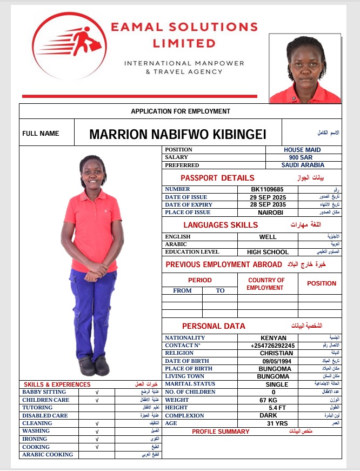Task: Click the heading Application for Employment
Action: coord(181,111)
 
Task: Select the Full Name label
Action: coord(41,134)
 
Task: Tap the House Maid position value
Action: coord(302,150)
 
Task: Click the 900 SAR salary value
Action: coord(302,157)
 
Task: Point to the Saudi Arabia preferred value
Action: coord(303,165)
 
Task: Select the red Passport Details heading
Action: coord(217,178)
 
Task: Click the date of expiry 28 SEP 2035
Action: coord(268,205)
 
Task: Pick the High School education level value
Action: coord(268,252)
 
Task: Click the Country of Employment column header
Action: coord(266,284)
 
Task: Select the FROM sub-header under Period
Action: coord(182,290)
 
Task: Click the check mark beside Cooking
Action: coord(97,447)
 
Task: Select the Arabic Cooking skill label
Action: coord(48,455)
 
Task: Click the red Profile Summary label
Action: coord(221,432)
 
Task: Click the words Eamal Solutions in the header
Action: coord(184,26)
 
